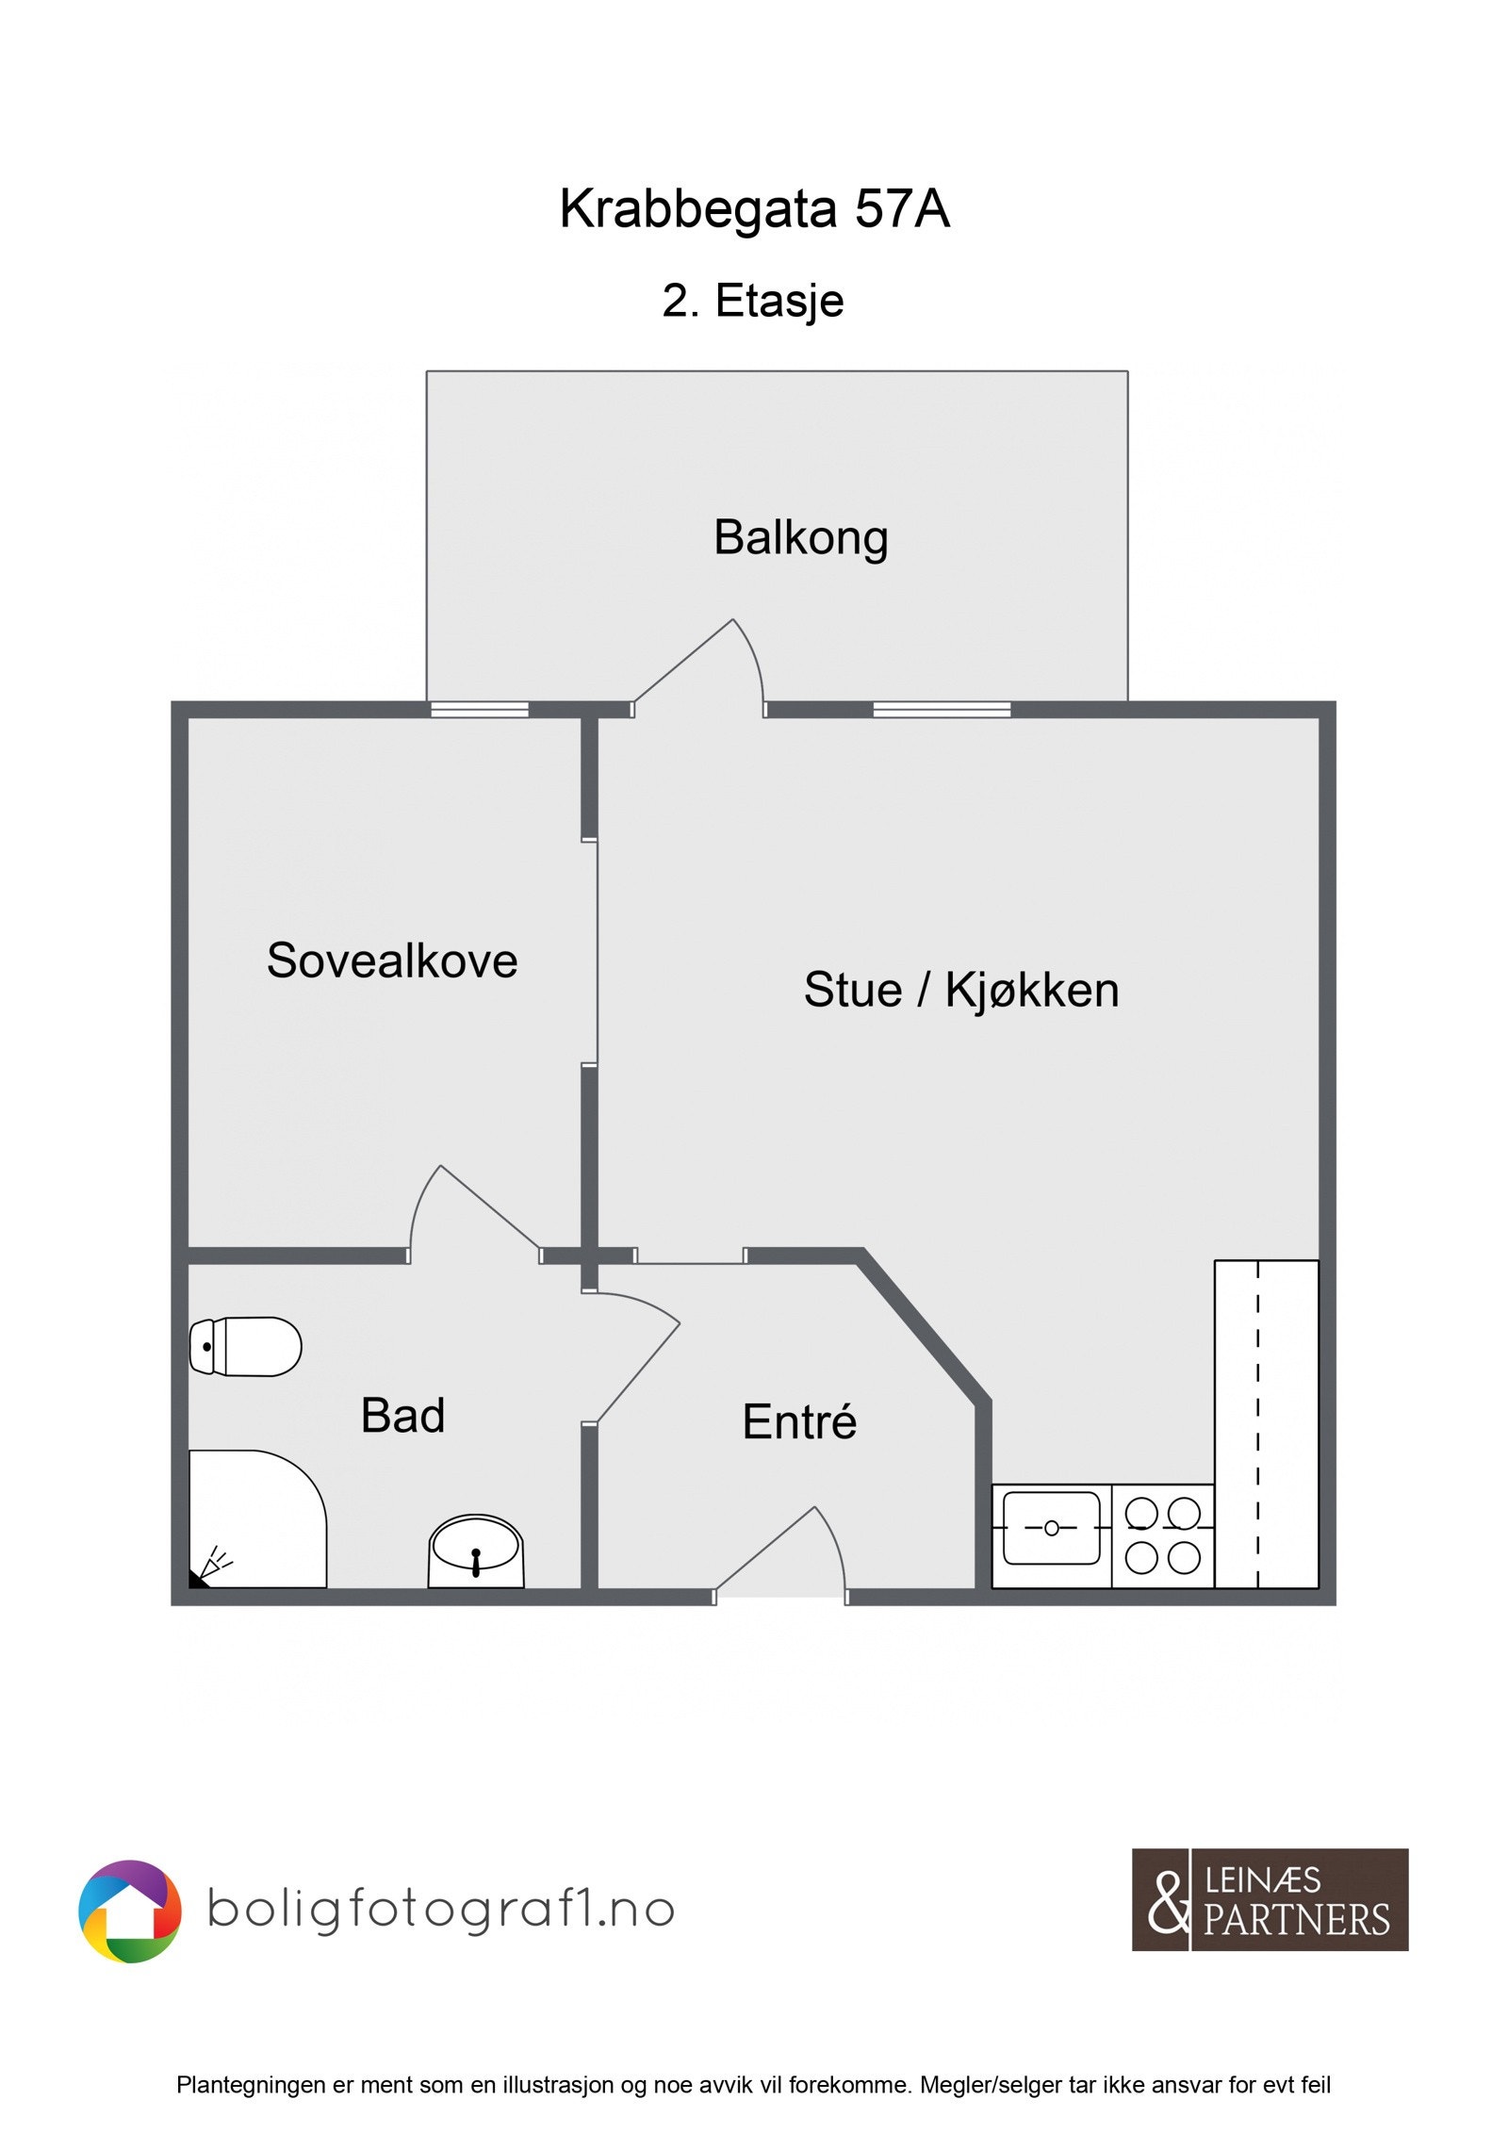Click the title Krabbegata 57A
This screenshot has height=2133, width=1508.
point(754,208)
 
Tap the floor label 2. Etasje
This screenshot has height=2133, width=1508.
point(752,301)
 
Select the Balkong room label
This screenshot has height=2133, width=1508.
point(800,538)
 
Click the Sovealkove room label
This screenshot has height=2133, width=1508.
point(392,960)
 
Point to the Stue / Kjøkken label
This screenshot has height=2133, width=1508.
point(960,990)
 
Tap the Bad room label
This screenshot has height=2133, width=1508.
point(402,1416)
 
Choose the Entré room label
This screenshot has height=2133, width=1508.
point(799,1422)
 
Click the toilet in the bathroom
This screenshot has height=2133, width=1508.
point(245,1347)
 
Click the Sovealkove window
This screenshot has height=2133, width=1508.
point(479,710)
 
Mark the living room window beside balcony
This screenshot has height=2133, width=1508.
point(941,710)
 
